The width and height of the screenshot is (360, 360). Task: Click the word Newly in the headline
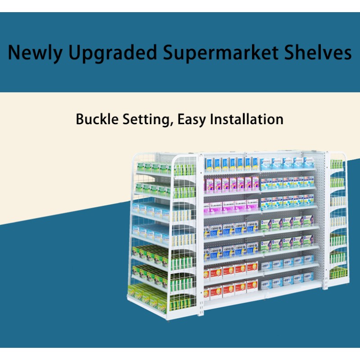(34, 53)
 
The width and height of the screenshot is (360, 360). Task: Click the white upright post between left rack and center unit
(200, 234)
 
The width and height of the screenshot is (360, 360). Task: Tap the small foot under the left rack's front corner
(169, 320)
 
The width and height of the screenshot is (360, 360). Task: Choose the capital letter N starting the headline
(14, 53)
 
